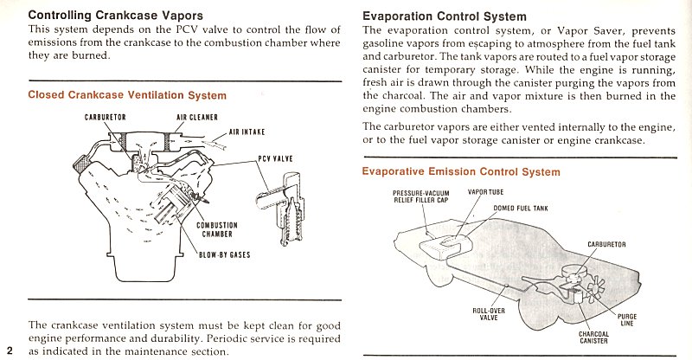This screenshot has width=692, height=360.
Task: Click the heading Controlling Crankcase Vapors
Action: pyautogui.click(x=117, y=15)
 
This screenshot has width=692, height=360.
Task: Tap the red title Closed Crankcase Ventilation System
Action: pyautogui.click(x=127, y=95)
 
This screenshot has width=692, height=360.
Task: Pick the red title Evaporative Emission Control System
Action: pyautogui.click(x=460, y=171)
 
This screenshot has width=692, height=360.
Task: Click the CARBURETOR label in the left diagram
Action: pyautogui.click(x=106, y=119)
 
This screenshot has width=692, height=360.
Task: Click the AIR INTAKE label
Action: pyautogui.click(x=247, y=132)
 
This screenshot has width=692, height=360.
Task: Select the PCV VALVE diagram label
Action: pyautogui.click(x=276, y=158)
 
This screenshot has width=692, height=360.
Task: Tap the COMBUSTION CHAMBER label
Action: pyautogui.click(x=218, y=229)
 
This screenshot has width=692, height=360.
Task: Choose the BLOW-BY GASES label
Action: pyautogui.click(x=226, y=255)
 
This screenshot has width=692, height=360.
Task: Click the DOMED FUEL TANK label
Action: pyautogui.click(x=521, y=208)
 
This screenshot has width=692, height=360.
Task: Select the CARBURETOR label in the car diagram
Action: pyautogui.click(x=612, y=245)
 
